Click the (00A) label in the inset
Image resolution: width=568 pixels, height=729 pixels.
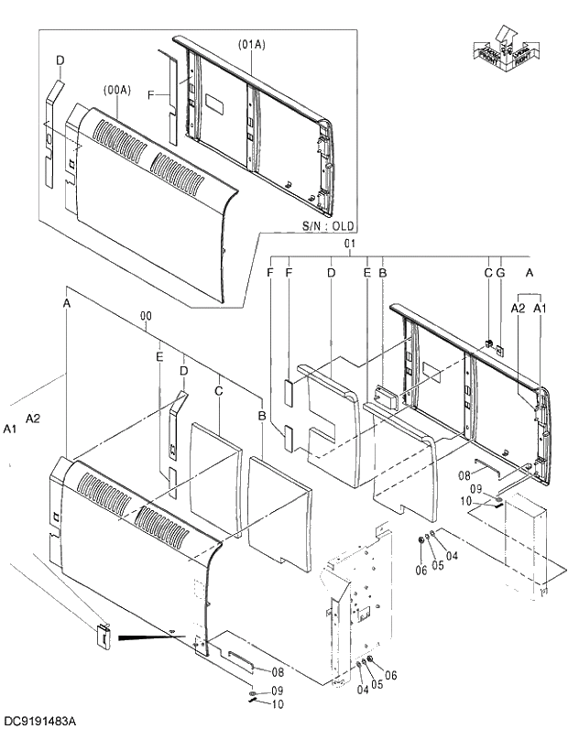[117, 90]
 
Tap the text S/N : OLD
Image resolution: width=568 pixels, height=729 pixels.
[328, 226]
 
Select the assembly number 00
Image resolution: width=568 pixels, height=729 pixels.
[145, 316]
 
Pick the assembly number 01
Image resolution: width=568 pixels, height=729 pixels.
[349, 245]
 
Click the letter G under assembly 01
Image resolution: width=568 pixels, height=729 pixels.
[500, 272]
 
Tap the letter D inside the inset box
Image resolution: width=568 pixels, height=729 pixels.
[60, 60]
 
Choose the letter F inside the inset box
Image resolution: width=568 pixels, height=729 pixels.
[154, 93]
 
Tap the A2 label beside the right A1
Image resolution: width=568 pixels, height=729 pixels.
[517, 309]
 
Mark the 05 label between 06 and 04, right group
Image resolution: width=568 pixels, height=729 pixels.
[437, 565]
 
